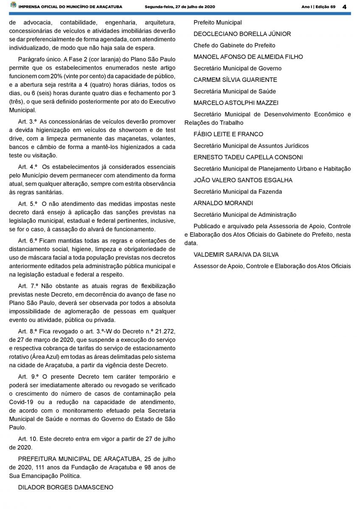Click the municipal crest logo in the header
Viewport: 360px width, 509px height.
click(x=13, y=6)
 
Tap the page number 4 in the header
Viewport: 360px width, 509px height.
click(x=344, y=6)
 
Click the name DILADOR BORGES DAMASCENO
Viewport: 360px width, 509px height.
click(x=65, y=487)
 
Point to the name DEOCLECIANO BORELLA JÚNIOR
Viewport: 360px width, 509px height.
click(x=242, y=34)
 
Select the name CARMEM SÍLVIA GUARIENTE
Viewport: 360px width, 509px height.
click(x=235, y=80)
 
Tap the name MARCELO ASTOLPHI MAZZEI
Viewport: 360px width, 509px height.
click(x=236, y=103)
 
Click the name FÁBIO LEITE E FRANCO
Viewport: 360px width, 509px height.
click(x=228, y=134)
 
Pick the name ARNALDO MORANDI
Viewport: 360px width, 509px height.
click(x=223, y=203)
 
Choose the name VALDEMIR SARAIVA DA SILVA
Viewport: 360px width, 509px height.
click(x=236, y=255)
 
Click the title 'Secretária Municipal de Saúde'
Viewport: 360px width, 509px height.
click(x=235, y=91)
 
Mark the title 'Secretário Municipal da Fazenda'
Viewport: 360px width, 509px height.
click(x=238, y=192)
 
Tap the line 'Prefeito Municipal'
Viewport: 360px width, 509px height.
click(x=218, y=22)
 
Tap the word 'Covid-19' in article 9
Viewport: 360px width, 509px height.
click(x=22, y=402)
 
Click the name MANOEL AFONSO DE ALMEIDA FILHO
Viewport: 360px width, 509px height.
click(x=248, y=57)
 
